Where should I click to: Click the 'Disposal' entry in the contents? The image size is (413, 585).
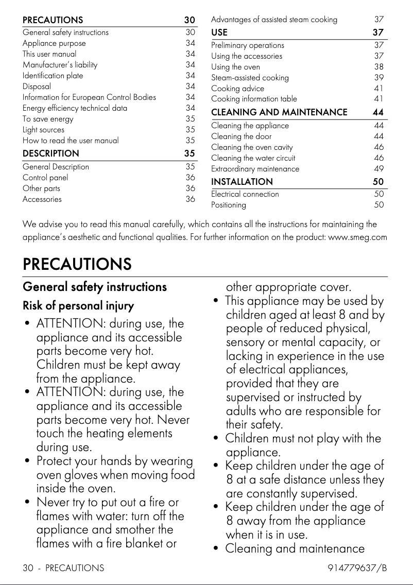37,87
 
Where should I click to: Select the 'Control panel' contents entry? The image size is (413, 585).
45,178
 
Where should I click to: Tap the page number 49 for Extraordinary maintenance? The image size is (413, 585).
378,169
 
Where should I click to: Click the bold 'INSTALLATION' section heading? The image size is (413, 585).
242,182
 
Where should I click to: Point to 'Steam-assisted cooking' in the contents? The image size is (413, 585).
250,78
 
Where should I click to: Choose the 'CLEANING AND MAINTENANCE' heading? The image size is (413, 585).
279,112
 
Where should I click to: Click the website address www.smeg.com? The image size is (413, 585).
357,237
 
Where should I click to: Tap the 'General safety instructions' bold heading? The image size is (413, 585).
95,287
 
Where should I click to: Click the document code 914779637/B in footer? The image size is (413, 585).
357,569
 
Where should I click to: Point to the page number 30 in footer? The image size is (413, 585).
28,569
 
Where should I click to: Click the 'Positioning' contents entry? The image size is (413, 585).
229,205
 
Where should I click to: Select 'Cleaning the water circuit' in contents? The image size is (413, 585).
253,158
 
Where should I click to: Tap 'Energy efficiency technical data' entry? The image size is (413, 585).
75,108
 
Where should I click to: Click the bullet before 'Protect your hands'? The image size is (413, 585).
27,461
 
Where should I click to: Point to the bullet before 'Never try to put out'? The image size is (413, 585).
27,502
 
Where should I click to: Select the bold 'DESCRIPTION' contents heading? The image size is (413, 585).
51,153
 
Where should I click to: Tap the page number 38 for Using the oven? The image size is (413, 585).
378,67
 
